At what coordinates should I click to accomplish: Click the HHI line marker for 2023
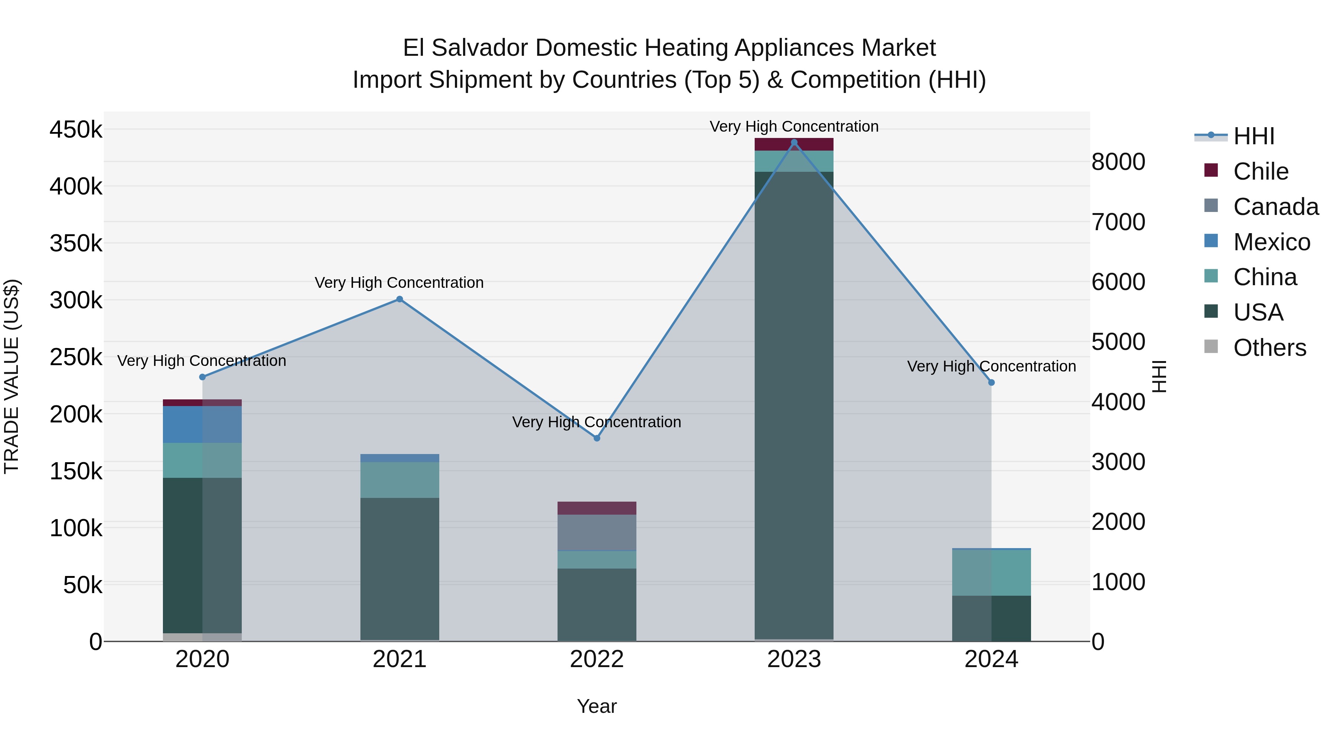pyautogui.click(x=794, y=142)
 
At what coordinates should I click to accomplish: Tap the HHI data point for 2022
pyautogui.click(x=597, y=438)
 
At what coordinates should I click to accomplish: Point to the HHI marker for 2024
pyautogui.click(x=991, y=383)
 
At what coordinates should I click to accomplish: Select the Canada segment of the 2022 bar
pyautogui.click(x=597, y=532)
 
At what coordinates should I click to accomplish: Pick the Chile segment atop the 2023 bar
pyautogui.click(x=794, y=145)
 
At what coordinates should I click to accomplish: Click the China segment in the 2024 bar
pyautogui.click(x=991, y=572)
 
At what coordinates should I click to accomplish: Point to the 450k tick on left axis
pyautogui.click(x=76, y=129)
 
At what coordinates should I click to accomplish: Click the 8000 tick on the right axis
pyautogui.click(x=1118, y=162)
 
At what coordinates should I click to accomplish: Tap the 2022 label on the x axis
pyautogui.click(x=597, y=659)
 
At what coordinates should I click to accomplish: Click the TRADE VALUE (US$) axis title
pyautogui.click(x=12, y=376)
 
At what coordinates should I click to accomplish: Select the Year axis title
pyautogui.click(x=597, y=706)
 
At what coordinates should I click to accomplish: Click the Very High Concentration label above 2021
pyautogui.click(x=399, y=283)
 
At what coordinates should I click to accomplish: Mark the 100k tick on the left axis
pyautogui.click(x=76, y=528)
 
